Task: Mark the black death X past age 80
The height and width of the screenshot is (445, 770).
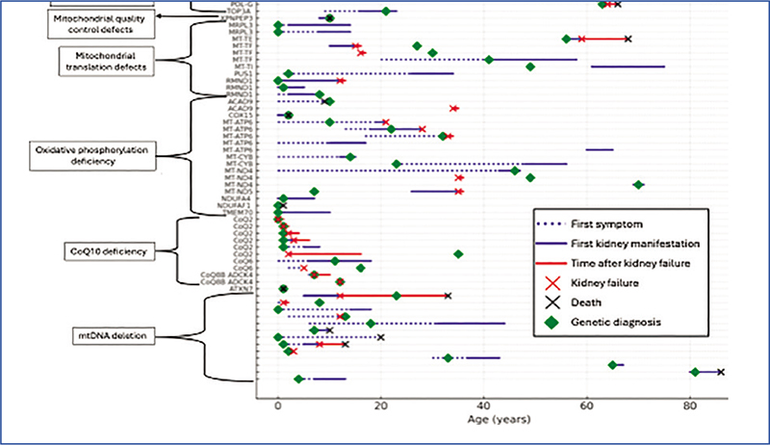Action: click(720, 372)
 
